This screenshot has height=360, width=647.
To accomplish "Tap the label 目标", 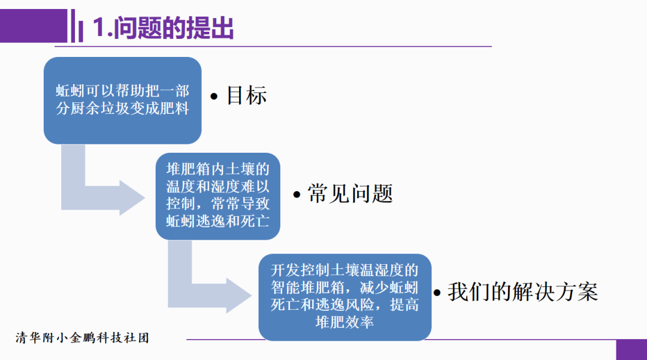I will coord(246,96).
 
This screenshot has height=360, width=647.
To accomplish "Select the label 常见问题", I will coord(350,193).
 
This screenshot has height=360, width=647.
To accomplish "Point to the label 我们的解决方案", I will coord(522,292).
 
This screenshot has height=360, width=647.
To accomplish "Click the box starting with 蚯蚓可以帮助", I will coord(122,100).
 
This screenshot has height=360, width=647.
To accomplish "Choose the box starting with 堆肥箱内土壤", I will coord(217,196).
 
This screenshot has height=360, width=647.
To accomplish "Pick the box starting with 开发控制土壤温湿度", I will coord(344,297).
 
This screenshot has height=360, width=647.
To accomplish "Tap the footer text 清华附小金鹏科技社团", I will coord(83,338).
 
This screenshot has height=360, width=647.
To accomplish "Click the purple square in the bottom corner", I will coord(631,349).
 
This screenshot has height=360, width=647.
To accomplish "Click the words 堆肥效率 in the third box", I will coord(344,322).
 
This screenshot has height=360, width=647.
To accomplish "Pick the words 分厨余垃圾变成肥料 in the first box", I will coord(122,109).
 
